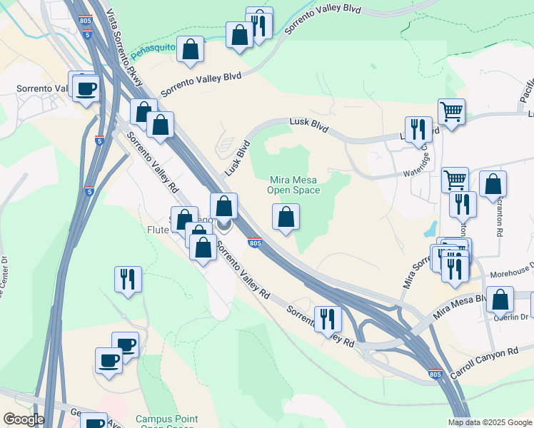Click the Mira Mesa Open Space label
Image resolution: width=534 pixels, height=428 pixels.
pyautogui.click(x=293, y=185)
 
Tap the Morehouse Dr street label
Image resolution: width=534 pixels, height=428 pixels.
pyautogui.click(x=509, y=272)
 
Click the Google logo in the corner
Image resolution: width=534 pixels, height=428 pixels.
pyautogui.click(x=23, y=419)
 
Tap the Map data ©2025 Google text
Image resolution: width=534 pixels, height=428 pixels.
pyautogui.click(x=490, y=422)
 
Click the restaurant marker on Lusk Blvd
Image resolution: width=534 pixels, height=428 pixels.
pyautogui.click(x=418, y=129)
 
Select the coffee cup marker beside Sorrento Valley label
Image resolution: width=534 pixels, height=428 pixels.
pyautogui.click(x=86, y=89)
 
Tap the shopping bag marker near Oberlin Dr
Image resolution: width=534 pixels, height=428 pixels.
pyautogui.click(x=500, y=300)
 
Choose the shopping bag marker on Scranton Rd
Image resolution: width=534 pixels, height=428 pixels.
pyautogui.click(x=493, y=184)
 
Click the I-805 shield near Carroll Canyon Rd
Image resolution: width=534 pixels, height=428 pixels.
pyautogui.click(x=436, y=374)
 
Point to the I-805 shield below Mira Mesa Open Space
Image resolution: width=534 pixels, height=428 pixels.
pyautogui.click(x=256, y=243)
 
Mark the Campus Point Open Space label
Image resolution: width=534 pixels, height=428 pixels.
pyautogui.click(x=167, y=422)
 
